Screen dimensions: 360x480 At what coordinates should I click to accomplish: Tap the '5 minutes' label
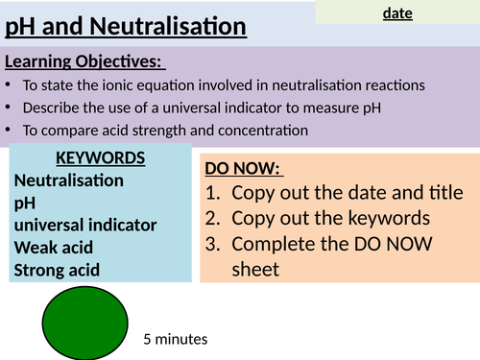175,339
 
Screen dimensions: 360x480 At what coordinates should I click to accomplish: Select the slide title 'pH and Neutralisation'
125,28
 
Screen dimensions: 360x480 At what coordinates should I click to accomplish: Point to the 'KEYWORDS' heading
100,158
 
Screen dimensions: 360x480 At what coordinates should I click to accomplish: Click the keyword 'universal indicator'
85,225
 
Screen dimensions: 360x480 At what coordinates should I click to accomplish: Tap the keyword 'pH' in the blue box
24,203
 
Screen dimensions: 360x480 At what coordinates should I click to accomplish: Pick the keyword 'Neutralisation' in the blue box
69,180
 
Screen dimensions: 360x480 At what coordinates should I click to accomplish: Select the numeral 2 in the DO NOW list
214,218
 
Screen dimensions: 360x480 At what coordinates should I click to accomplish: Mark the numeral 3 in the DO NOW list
214,244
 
